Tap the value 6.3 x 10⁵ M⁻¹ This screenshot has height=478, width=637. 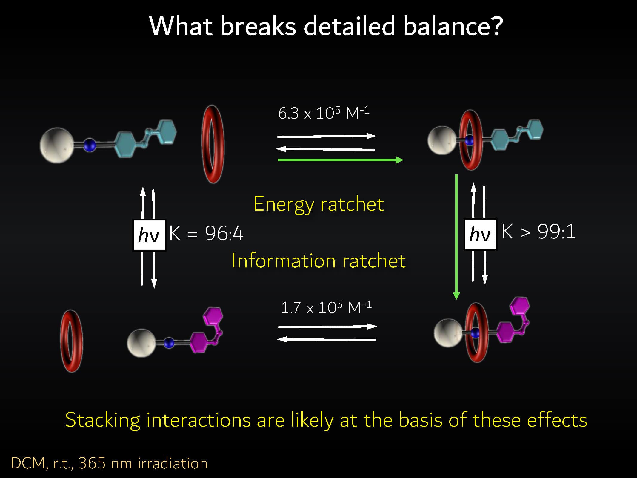(324, 113)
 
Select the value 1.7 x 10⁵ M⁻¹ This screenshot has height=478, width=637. (326, 307)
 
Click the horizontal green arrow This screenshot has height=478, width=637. (340, 160)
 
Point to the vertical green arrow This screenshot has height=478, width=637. (456, 237)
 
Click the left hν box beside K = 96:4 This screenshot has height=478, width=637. (149, 235)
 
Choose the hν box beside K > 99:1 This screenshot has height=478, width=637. (480, 234)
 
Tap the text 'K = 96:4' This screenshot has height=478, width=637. (206, 233)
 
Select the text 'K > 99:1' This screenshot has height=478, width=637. (538, 232)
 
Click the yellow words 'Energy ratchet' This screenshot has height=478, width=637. (318, 204)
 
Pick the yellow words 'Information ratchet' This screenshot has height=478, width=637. (318, 261)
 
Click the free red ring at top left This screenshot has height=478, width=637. (213, 144)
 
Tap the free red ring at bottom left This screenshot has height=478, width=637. (72, 341)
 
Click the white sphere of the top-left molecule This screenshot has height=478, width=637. (57, 145)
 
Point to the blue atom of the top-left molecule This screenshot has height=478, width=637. (90, 145)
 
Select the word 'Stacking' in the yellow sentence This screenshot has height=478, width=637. (102, 420)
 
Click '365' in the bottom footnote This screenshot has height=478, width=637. (92, 463)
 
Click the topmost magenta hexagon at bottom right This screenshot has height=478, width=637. (520, 306)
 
